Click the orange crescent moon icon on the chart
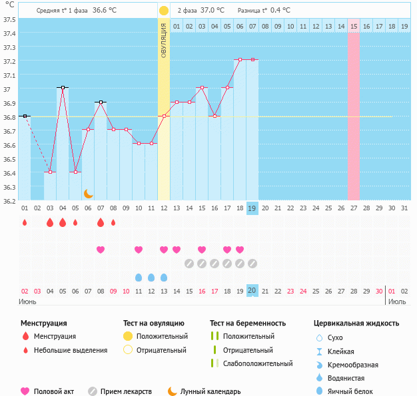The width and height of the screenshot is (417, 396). click(88, 193)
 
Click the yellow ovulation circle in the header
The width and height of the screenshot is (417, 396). click(164, 11)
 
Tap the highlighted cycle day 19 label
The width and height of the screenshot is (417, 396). click(252, 208)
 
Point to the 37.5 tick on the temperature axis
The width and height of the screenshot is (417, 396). click(9, 19)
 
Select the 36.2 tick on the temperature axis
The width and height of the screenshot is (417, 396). click(9, 201)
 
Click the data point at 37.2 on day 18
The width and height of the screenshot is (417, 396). click(240, 59)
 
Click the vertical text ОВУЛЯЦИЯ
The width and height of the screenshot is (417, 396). click(164, 40)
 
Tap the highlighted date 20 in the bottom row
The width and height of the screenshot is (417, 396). click(252, 290)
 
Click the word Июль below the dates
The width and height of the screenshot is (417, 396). click(397, 301)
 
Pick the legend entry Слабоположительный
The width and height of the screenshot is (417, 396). click(258, 363)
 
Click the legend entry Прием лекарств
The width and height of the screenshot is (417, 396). click(126, 392)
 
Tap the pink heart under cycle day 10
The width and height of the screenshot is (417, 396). click(139, 250)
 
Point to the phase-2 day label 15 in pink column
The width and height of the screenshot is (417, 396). click(354, 26)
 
